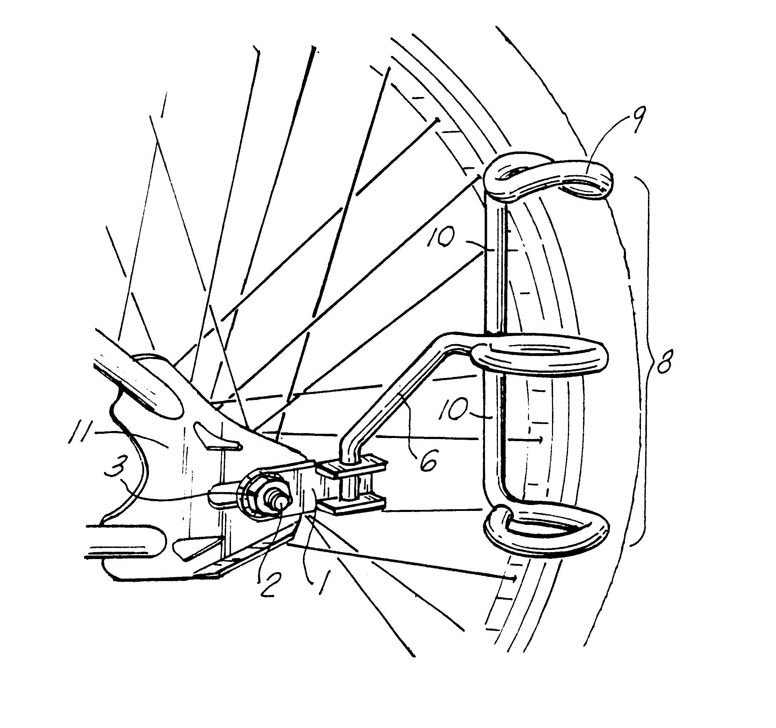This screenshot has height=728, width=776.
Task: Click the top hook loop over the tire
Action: click(x=546, y=176)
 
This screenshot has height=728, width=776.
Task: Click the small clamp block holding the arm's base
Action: click(x=351, y=486)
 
